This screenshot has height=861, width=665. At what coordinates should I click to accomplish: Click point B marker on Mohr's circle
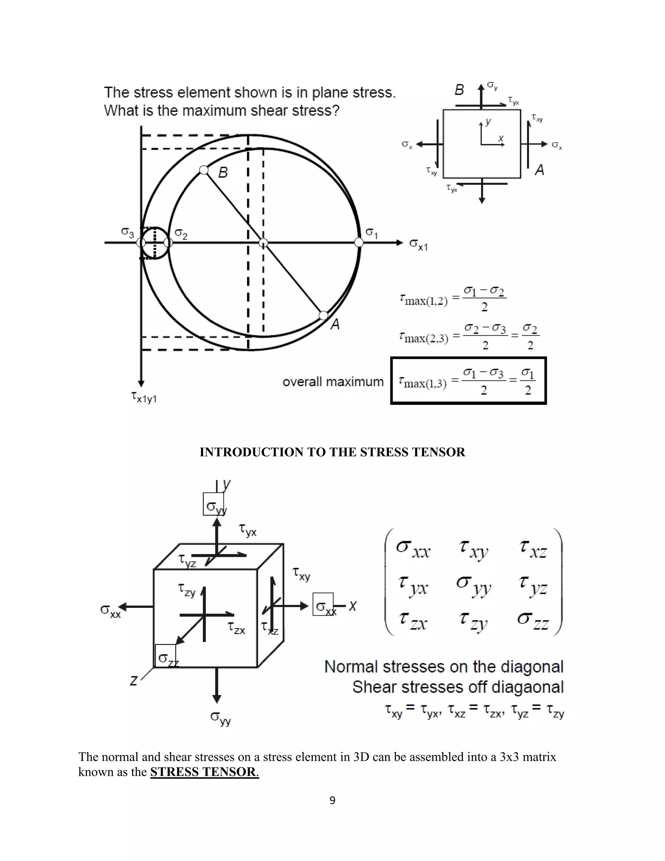pos(204,170)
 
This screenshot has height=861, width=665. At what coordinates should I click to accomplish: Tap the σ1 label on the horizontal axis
pos(371,233)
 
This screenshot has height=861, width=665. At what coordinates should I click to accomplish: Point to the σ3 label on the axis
pos(127,232)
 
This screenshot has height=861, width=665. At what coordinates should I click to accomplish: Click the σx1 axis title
pos(418,244)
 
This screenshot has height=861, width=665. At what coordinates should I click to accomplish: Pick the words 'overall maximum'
pos(333,382)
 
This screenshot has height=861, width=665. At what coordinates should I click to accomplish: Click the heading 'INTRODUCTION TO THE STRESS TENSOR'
pos(332,452)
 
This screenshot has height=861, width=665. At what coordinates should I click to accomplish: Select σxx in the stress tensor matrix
pos(413,549)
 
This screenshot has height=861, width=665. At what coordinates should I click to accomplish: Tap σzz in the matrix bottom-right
pos(533,621)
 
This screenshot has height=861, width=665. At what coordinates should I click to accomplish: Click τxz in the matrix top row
pos(533,549)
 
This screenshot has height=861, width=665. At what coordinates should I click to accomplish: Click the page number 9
pos(332,800)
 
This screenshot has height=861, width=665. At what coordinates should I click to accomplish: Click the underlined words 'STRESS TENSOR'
pos(203,772)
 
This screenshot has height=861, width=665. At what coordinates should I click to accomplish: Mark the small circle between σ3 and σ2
pos(155,243)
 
